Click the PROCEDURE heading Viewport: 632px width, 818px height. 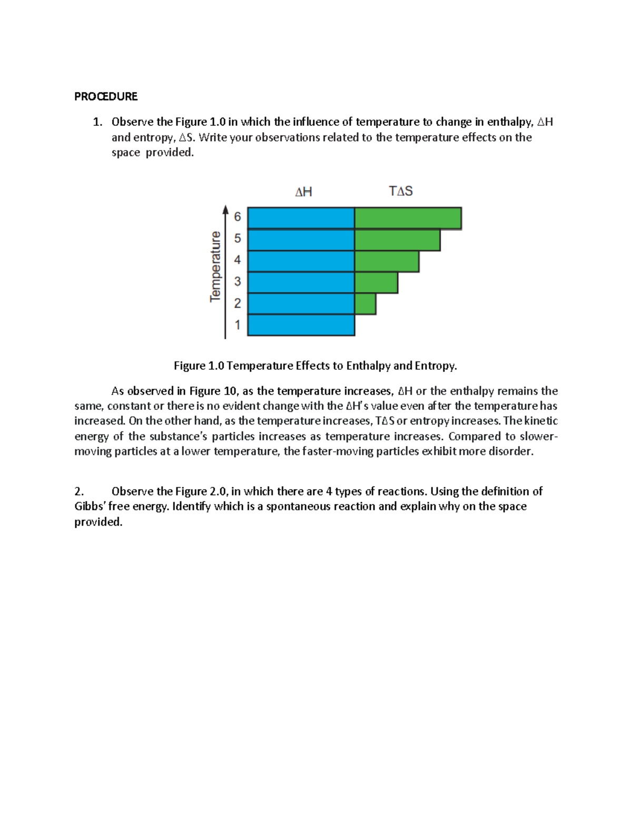click(105, 96)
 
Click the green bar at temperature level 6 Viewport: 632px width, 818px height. click(408, 218)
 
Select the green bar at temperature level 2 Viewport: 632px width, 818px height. click(365, 304)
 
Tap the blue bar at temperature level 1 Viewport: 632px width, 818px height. click(301, 325)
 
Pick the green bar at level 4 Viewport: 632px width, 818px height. click(387, 261)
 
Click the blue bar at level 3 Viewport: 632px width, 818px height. click(301, 282)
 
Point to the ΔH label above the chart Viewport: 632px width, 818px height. click(303, 192)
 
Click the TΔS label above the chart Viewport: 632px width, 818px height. click(401, 191)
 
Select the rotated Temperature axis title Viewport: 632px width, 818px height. click(215, 267)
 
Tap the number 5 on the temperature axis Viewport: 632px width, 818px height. click(238, 239)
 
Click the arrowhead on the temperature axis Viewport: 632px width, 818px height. click(225, 210)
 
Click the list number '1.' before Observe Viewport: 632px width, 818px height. click(97, 122)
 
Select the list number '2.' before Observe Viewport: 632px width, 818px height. click(79, 491)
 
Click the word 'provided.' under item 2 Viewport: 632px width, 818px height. click(98, 522)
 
